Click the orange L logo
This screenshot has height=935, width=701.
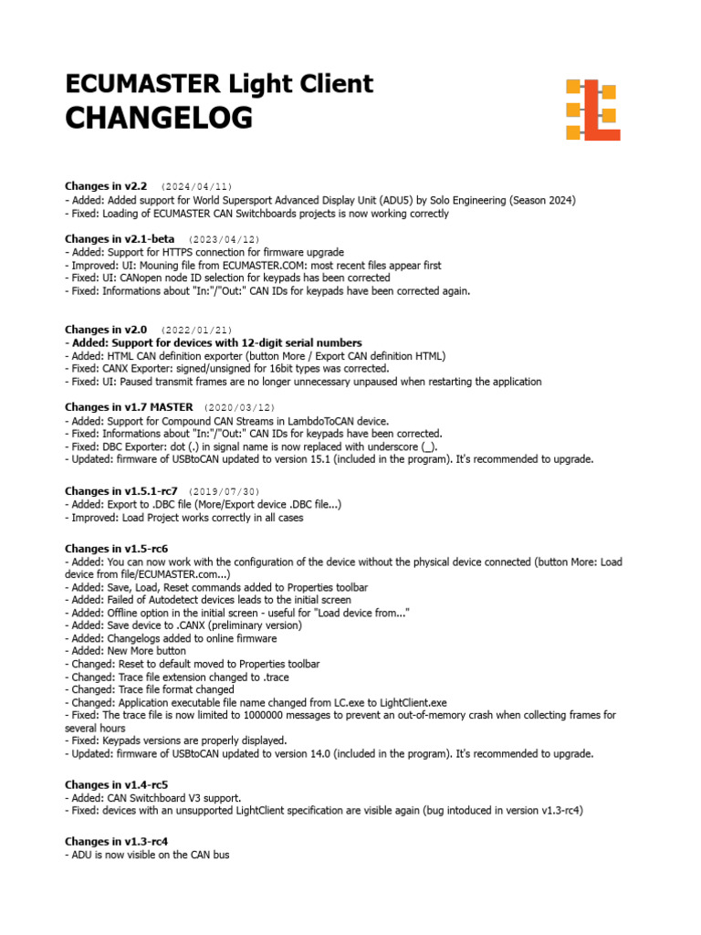[593, 110]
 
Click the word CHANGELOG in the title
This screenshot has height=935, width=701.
[159, 119]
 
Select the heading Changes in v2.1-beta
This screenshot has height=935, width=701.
[120, 239]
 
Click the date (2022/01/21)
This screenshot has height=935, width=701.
[196, 330]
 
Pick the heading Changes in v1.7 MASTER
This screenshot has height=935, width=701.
[129, 407]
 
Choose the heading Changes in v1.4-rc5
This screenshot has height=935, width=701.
[117, 784]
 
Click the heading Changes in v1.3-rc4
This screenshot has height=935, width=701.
[117, 841]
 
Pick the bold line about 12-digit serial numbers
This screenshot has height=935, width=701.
[213, 342]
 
